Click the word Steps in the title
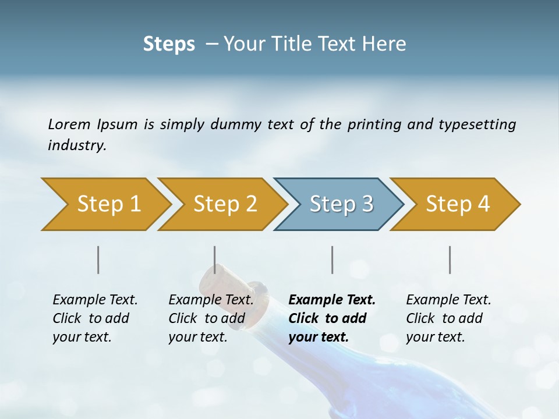(169, 44)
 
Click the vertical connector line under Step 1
(98, 260)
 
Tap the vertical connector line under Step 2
(215, 260)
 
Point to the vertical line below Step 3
(332, 260)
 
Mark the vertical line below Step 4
(450, 260)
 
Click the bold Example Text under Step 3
(332, 300)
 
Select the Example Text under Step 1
(95, 300)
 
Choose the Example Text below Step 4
(448, 300)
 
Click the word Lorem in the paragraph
(69, 124)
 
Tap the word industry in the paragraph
(77, 145)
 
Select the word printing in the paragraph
(374, 125)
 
